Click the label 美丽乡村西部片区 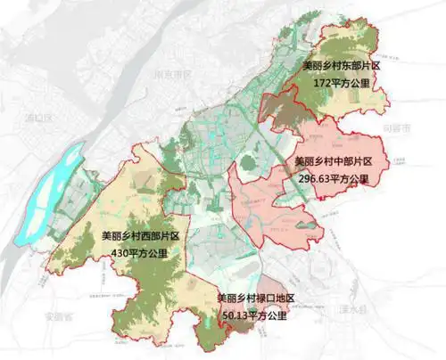point(141,237)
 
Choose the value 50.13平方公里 point(255,315)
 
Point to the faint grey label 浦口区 point(40,117)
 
